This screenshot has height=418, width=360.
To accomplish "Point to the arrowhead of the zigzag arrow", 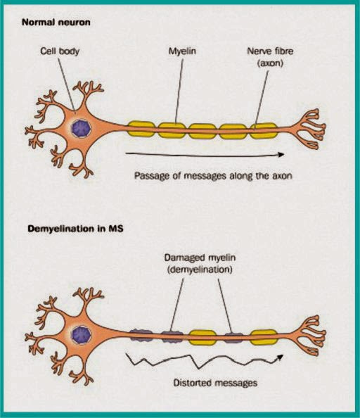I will coord(281,356).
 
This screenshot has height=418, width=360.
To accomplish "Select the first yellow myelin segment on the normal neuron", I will coord(141,129).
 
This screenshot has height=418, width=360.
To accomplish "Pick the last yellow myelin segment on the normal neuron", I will coord(264,129).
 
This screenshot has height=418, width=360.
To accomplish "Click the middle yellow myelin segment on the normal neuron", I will coord(202,129).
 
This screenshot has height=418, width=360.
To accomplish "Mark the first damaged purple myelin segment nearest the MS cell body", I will coord(141,336).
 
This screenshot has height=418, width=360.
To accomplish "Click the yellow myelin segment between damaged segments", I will coord(202,336).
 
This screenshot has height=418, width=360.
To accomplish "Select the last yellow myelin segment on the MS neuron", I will coord(264,336).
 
